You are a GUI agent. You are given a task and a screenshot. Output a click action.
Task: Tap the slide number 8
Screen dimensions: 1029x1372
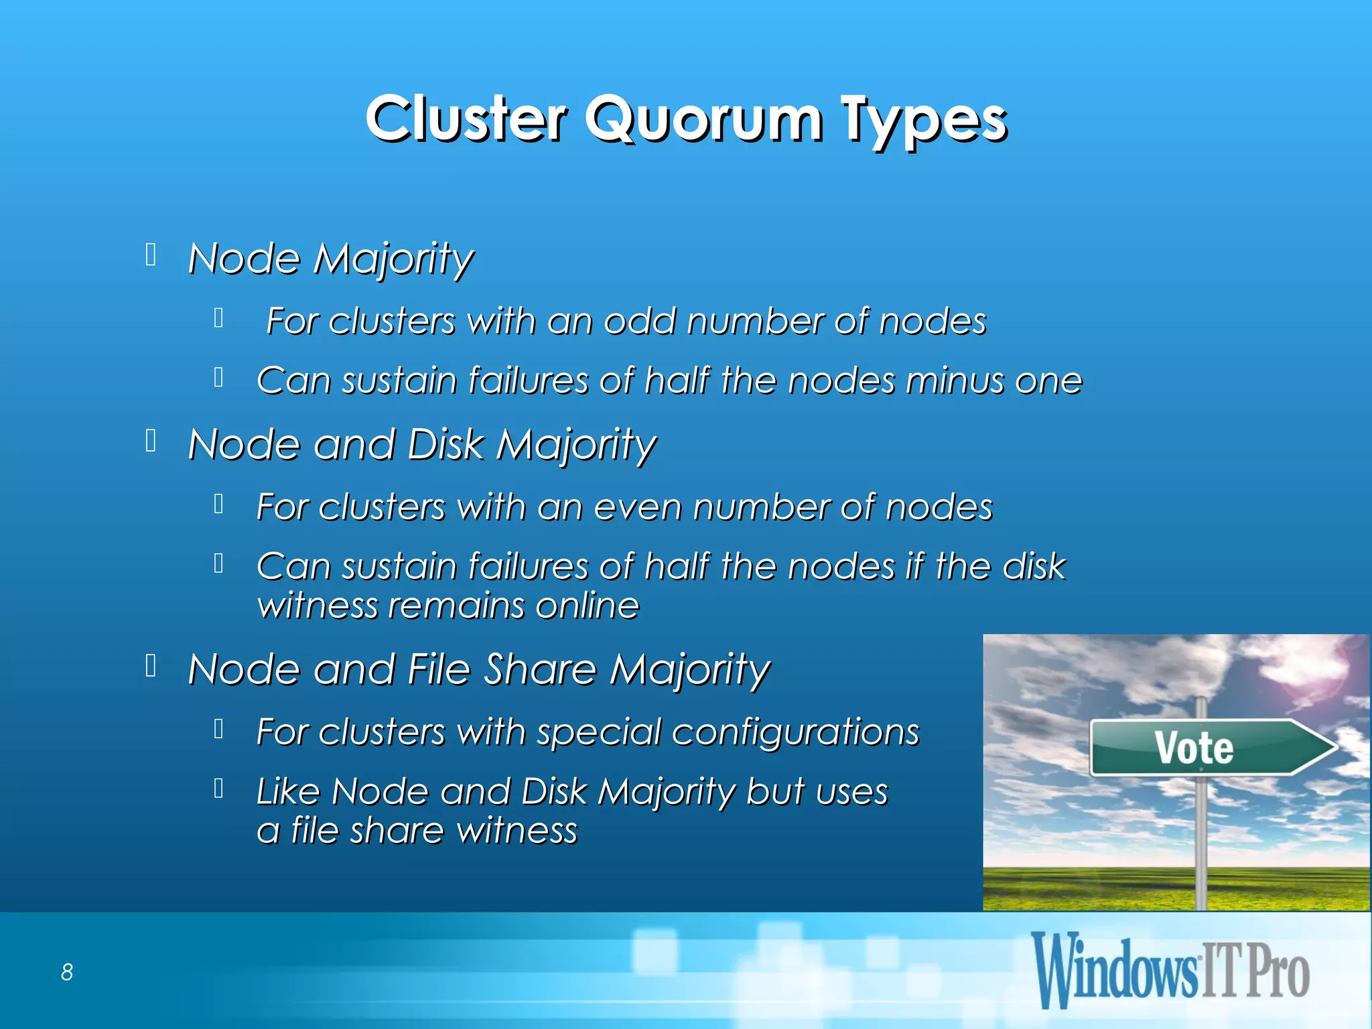(x=67, y=971)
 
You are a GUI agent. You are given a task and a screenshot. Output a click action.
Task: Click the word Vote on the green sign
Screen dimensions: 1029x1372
(x=1193, y=748)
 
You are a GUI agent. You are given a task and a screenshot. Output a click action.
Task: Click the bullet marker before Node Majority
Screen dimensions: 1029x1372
(x=151, y=255)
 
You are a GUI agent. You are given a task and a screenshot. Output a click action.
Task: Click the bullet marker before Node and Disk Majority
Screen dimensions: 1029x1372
(x=151, y=441)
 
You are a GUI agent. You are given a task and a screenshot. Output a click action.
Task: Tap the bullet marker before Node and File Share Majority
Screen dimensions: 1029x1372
(x=151, y=666)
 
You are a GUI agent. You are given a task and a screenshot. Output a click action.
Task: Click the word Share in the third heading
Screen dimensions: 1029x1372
(x=539, y=669)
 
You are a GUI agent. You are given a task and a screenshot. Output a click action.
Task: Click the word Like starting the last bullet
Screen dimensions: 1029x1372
(x=288, y=791)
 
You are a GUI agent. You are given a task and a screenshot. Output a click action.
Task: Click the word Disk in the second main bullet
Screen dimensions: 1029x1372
(x=445, y=444)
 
